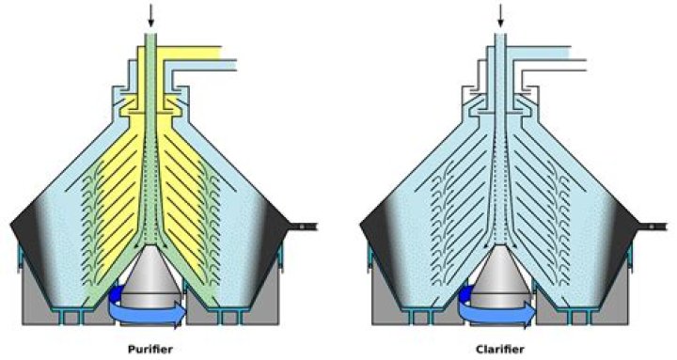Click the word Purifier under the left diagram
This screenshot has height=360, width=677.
pyautogui.click(x=150, y=349)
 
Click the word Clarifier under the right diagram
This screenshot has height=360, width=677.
pyautogui.click(x=498, y=349)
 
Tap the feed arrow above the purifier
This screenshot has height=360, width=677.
pyautogui.click(x=150, y=14)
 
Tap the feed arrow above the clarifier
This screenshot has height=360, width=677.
pyautogui.click(x=499, y=14)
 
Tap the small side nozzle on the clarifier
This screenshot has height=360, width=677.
pyautogui.click(x=657, y=227)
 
